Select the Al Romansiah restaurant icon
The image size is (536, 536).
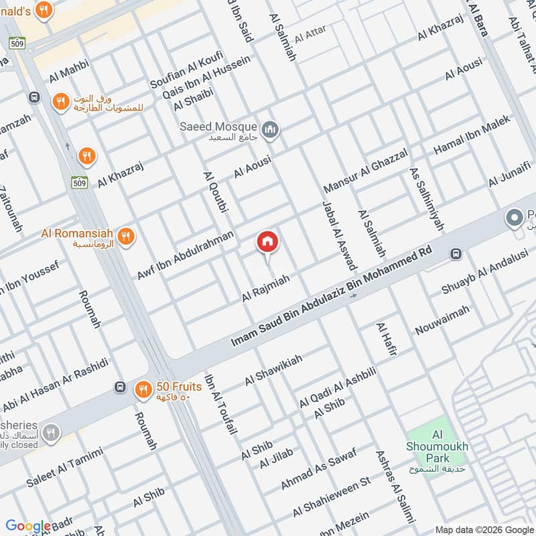tap(125, 236)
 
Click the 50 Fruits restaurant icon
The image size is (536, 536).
tap(143, 389)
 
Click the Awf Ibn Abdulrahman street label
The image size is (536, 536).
tap(186, 255)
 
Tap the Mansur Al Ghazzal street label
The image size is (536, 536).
tap(366, 168)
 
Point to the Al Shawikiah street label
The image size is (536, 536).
tap(273, 371)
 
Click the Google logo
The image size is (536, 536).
tap(28, 527)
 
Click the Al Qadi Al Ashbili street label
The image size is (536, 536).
tap(338, 387)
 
